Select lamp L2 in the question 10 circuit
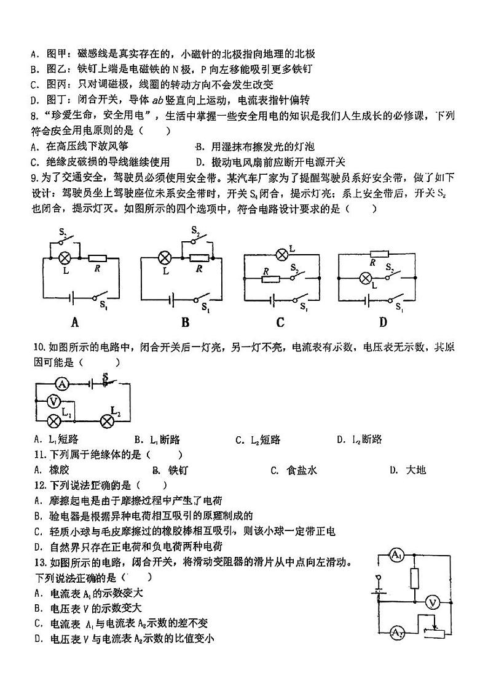[108, 420]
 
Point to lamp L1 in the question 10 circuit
[54, 420]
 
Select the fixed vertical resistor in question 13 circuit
[414, 579]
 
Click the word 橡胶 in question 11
[60, 470]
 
